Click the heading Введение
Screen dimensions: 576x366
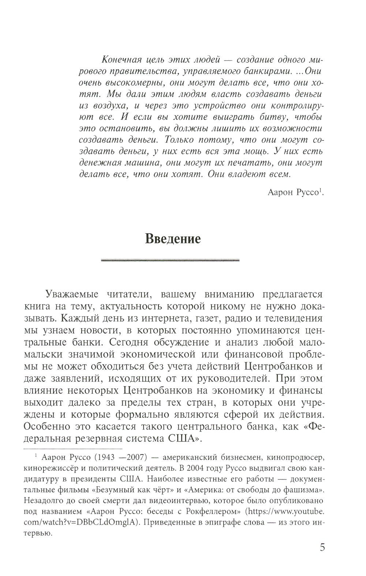(173, 239)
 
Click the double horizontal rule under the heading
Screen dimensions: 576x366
(170, 260)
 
